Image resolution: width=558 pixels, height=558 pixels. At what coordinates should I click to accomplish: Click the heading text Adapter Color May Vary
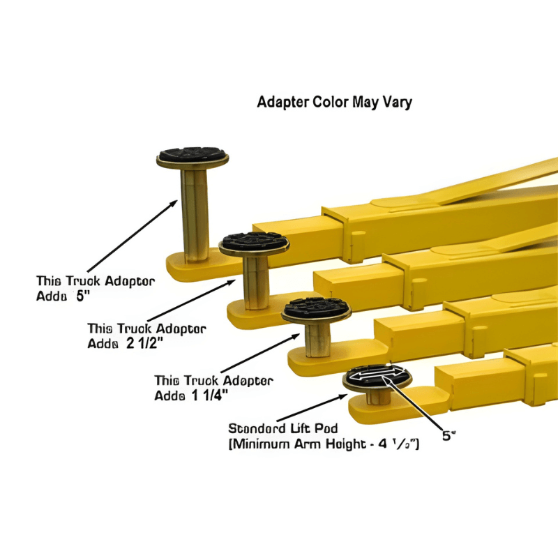click(x=335, y=103)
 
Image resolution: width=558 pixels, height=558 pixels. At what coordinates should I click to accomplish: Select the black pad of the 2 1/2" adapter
click(x=254, y=242)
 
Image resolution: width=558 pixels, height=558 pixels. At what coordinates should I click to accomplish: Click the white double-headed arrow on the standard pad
click(x=377, y=377)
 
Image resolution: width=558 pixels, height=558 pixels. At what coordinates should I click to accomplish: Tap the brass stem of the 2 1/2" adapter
click(x=255, y=279)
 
